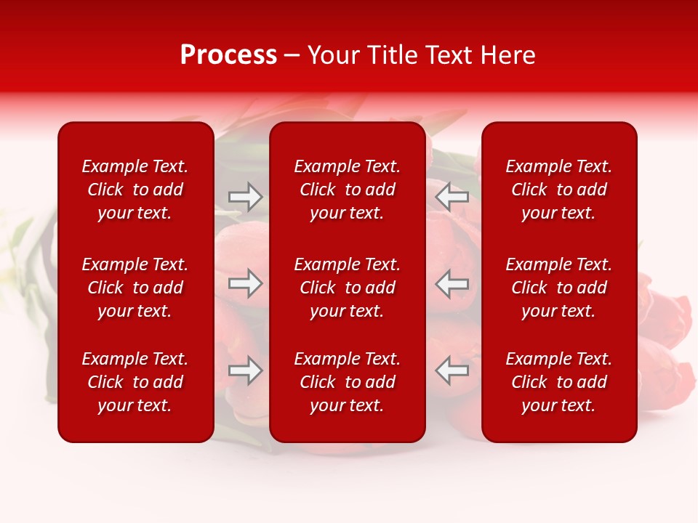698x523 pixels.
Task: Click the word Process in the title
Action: click(x=228, y=55)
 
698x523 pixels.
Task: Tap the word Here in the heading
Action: click(x=508, y=55)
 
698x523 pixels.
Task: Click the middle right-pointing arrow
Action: click(x=246, y=283)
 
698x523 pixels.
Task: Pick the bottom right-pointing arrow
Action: click(x=246, y=370)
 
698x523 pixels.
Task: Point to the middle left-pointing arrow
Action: click(x=452, y=283)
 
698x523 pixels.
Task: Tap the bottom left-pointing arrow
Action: click(x=452, y=370)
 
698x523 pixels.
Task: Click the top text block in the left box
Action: click(x=135, y=190)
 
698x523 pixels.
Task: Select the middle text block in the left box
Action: click(x=135, y=288)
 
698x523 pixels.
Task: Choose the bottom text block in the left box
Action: click(x=135, y=382)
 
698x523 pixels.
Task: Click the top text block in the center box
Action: click(x=348, y=190)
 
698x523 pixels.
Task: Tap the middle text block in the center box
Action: click(x=348, y=288)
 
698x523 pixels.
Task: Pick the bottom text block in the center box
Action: click(x=348, y=382)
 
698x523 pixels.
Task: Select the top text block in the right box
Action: click(x=559, y=190)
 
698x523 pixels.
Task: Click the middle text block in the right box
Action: click(x=559, y=288)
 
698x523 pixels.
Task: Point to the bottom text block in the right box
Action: click(x=559, y=382)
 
